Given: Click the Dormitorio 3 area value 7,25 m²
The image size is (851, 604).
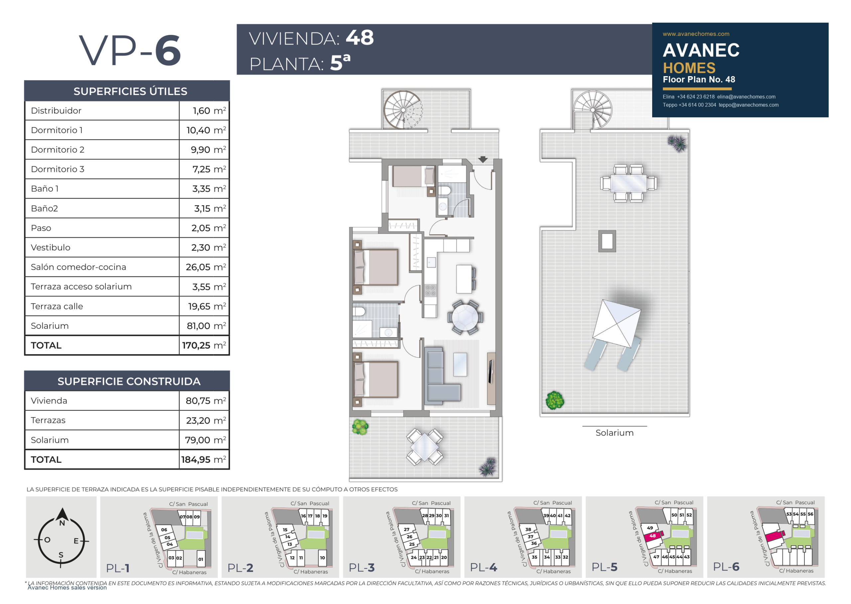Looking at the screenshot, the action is [209, 169].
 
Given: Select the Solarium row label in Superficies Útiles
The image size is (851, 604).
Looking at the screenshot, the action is [50, 326].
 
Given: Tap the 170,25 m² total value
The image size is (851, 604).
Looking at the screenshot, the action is [204, 345].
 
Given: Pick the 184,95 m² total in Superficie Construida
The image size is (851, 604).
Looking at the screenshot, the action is [203, 459].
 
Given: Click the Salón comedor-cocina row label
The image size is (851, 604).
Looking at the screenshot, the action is [78, 267].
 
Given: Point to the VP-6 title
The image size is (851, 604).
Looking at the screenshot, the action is [130, 50].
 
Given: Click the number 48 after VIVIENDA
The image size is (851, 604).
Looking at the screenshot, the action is [360, 38].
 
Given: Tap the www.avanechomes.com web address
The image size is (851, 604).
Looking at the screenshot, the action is [696, 34].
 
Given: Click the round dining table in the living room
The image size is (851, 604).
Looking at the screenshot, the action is [465, 317].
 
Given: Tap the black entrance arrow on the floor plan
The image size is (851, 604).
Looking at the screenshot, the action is [483, 160].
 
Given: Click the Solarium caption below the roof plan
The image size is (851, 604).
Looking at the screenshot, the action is [614, 432].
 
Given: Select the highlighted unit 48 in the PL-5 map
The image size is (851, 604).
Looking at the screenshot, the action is [653, 536].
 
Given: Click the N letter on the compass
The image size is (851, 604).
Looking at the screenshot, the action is [62, 523].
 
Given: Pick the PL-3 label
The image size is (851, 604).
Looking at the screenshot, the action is [362, 567].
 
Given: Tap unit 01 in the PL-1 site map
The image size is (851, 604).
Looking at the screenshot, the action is [200, 559].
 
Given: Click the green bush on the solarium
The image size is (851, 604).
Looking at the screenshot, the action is [554, 401].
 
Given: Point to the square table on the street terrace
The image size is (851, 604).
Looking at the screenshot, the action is [425, 447].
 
